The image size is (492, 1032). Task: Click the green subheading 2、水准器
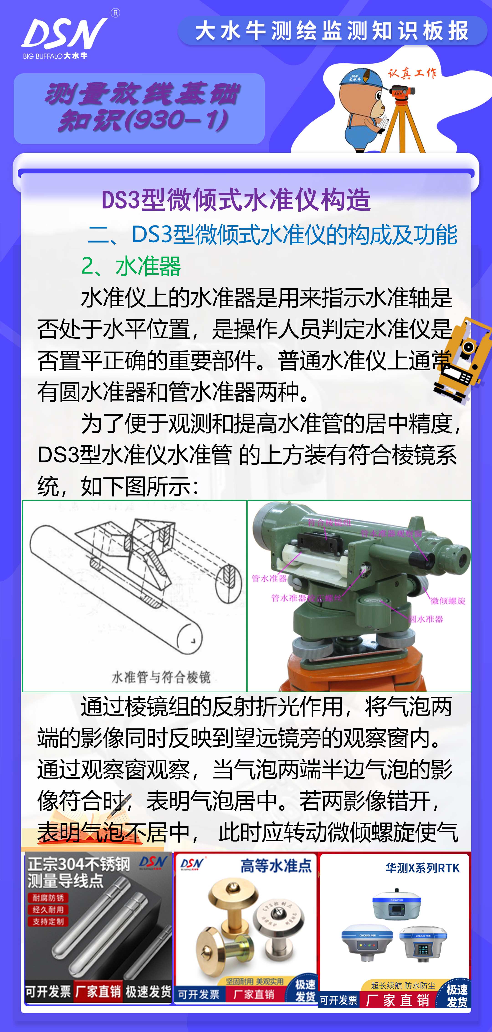pyautogui.click(x=131, y=266)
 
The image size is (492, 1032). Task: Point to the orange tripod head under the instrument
pyautogui.click(x=353, y=673)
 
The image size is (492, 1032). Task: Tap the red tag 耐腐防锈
pyautogui.click(x=48, y=898)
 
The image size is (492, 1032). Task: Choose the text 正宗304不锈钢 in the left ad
pyautogui.click(x=79, y=864)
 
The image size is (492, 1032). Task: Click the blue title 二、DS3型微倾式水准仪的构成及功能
pyautogui.click(x=273, y=235)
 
